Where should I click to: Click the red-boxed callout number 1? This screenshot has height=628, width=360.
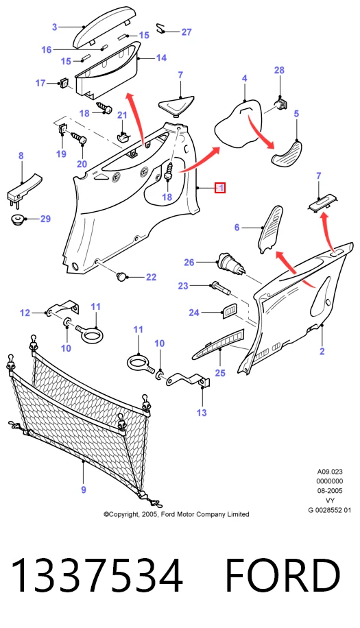tap(220, 188)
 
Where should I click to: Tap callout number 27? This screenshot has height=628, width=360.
tap(187, 32)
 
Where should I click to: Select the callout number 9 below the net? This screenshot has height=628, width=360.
tap(83, 490)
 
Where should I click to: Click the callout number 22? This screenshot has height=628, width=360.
tap(151, 277)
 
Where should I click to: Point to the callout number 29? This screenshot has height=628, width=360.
tap(45, 219)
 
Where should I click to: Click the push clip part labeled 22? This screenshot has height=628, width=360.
tap(121, 276)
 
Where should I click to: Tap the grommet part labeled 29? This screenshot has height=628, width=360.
tap(17, 219)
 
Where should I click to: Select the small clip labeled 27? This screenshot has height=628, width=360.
tap(161, 28)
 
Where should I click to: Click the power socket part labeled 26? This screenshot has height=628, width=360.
tap(230, 264)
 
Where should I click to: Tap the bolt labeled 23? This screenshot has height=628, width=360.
tap(220, 287)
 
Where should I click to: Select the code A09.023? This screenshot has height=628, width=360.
tap(330, 472)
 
